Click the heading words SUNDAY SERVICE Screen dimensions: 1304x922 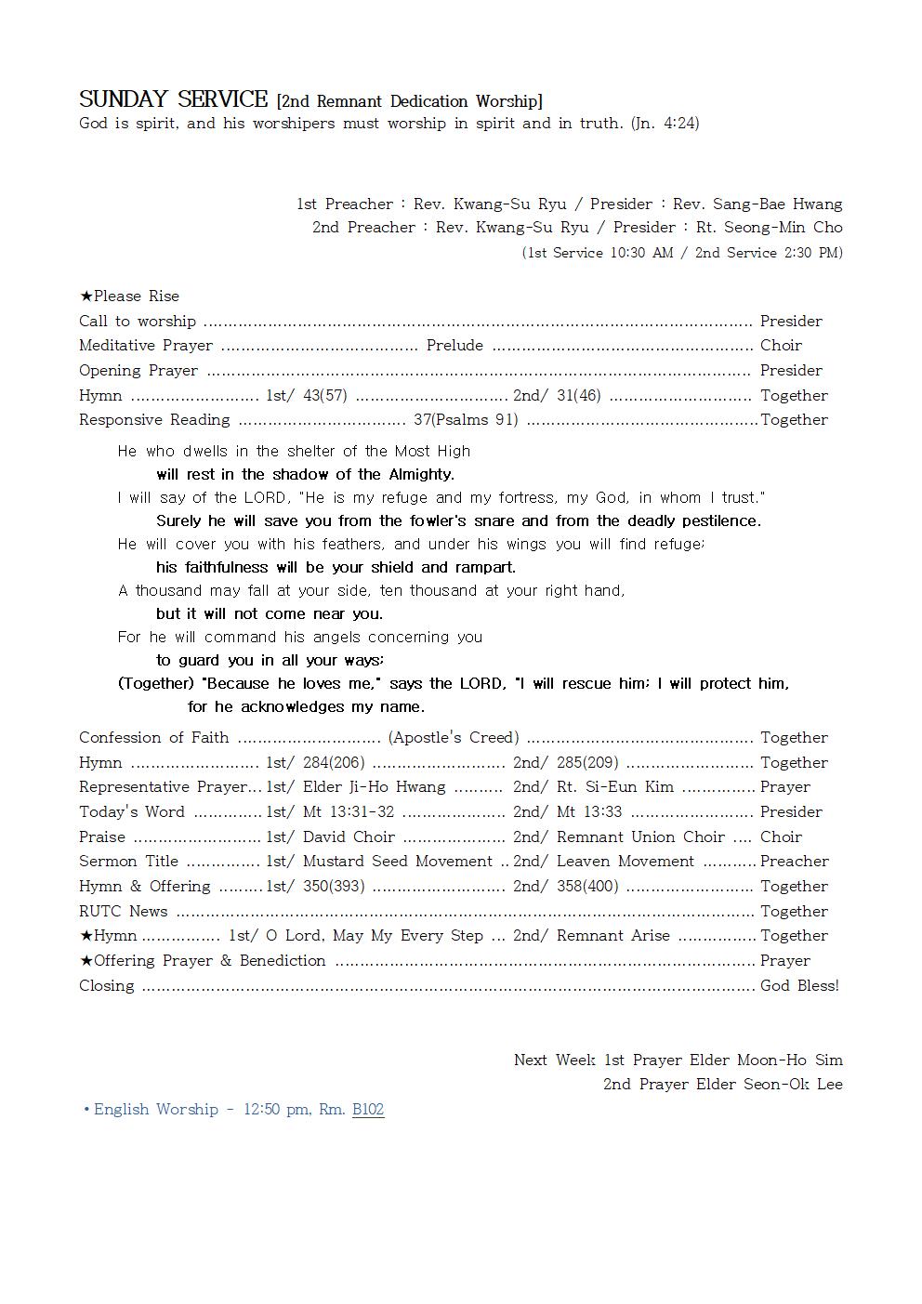tap(173, 99)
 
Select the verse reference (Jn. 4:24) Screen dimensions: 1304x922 tap(665, 123)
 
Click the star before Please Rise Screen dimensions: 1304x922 tap(86, 296)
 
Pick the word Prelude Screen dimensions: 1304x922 tap(454, 345)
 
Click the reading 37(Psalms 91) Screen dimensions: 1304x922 tap(466, 419)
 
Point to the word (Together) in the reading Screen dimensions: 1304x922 tap(155, 683)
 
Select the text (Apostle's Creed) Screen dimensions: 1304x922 tap(454, 737)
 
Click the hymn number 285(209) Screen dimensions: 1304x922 tap(587, 762)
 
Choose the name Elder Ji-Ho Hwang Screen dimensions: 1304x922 tap(374, 786)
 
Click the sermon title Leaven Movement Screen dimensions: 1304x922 tap(625, 861)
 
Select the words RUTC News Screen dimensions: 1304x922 tap(123, 911)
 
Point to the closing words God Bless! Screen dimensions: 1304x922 tap(799, 985)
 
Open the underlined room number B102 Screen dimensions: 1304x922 tap(368, 1109)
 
